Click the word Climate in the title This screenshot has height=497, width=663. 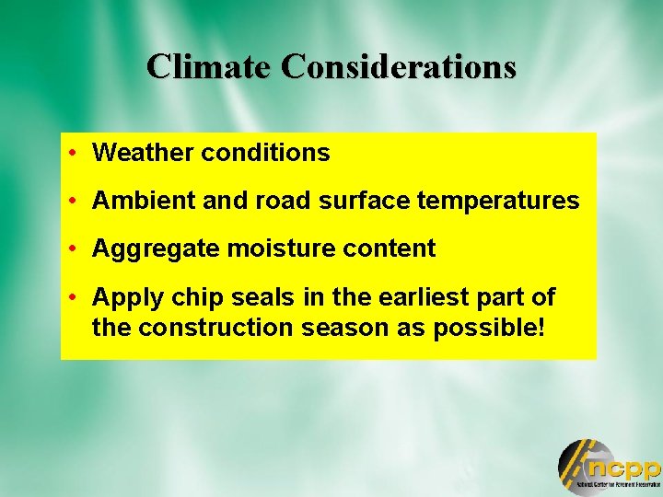pyautogui.click(x=209, y=66)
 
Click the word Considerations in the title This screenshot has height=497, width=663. pyautogui.click(x=399, y=66)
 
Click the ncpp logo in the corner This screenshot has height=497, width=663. pyautogui.click(x=609, y=467)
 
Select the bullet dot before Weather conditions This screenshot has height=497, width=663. pyautogui.click(x=72, y=153)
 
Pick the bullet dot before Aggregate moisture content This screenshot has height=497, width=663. pyautogui.click(x=72, y=248)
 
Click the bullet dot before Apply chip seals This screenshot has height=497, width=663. pyautogui.click(x=72, y=298)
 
